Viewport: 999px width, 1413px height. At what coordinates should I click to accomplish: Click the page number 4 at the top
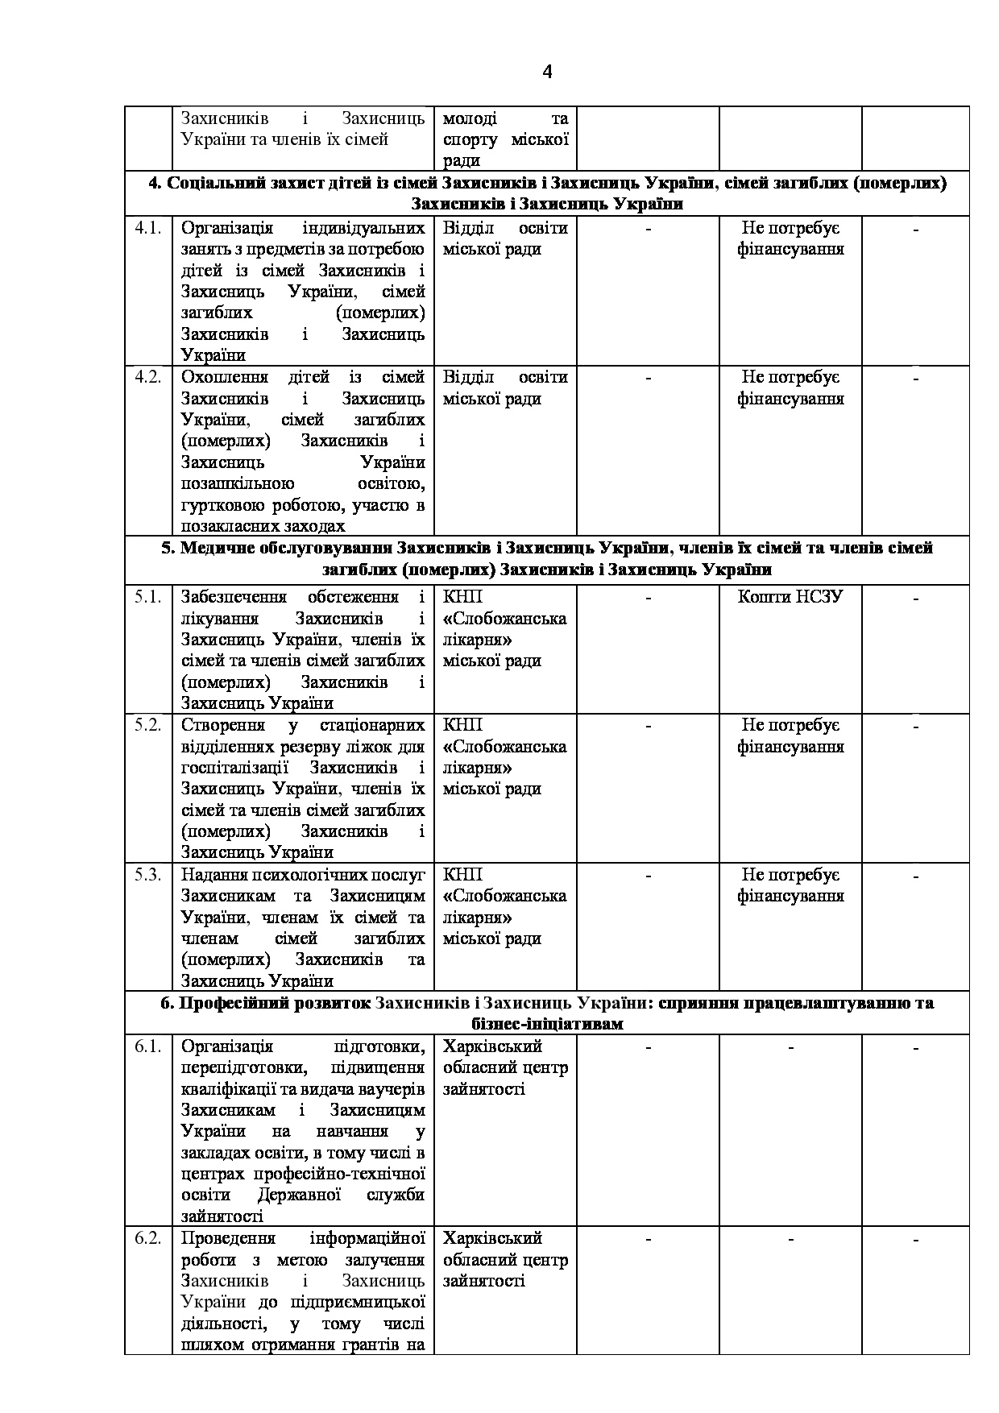point(547,73)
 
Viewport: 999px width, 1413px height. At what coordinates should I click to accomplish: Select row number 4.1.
point(147,228)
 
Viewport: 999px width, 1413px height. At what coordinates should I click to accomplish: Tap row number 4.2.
point(147,377)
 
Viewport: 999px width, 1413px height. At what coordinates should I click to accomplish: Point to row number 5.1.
point(147,597)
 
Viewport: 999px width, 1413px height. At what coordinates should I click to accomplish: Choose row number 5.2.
point(147,724)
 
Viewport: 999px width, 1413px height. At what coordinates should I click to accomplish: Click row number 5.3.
point(147,874)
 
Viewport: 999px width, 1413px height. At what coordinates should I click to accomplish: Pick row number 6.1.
point(147,1046)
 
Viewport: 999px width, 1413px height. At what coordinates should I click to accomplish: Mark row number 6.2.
point(147,1237)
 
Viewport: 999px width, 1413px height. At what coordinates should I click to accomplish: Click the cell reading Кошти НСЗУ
point(790,597)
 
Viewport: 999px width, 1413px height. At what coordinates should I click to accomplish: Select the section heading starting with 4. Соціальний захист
point(547,193)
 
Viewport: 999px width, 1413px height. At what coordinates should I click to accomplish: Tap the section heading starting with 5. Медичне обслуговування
point(547,558)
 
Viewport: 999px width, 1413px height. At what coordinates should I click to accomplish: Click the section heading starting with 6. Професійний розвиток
point(547,1013)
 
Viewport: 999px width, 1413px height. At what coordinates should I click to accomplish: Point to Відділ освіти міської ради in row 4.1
point(505,238)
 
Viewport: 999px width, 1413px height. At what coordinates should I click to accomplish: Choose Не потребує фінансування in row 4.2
point(790,387)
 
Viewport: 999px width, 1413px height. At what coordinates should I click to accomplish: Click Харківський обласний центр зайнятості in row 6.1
point(505,1067)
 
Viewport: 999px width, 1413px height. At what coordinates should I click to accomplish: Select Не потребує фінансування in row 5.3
point(790,885)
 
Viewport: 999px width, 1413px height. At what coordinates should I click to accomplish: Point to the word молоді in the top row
point(470,118)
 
